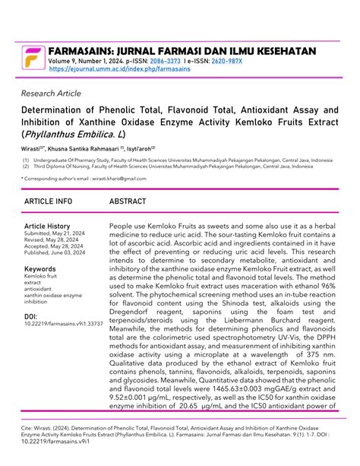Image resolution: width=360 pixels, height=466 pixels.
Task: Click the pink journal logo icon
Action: pyautogui.click(x=33, y=58)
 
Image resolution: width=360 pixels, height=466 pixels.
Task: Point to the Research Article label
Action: pyautogui.click(x=52, y=94)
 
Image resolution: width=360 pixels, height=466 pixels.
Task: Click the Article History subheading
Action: pyautogui.click(x=47, y=227)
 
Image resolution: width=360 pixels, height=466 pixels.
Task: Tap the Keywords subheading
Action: pyautogui.click(x=40, y=270)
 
